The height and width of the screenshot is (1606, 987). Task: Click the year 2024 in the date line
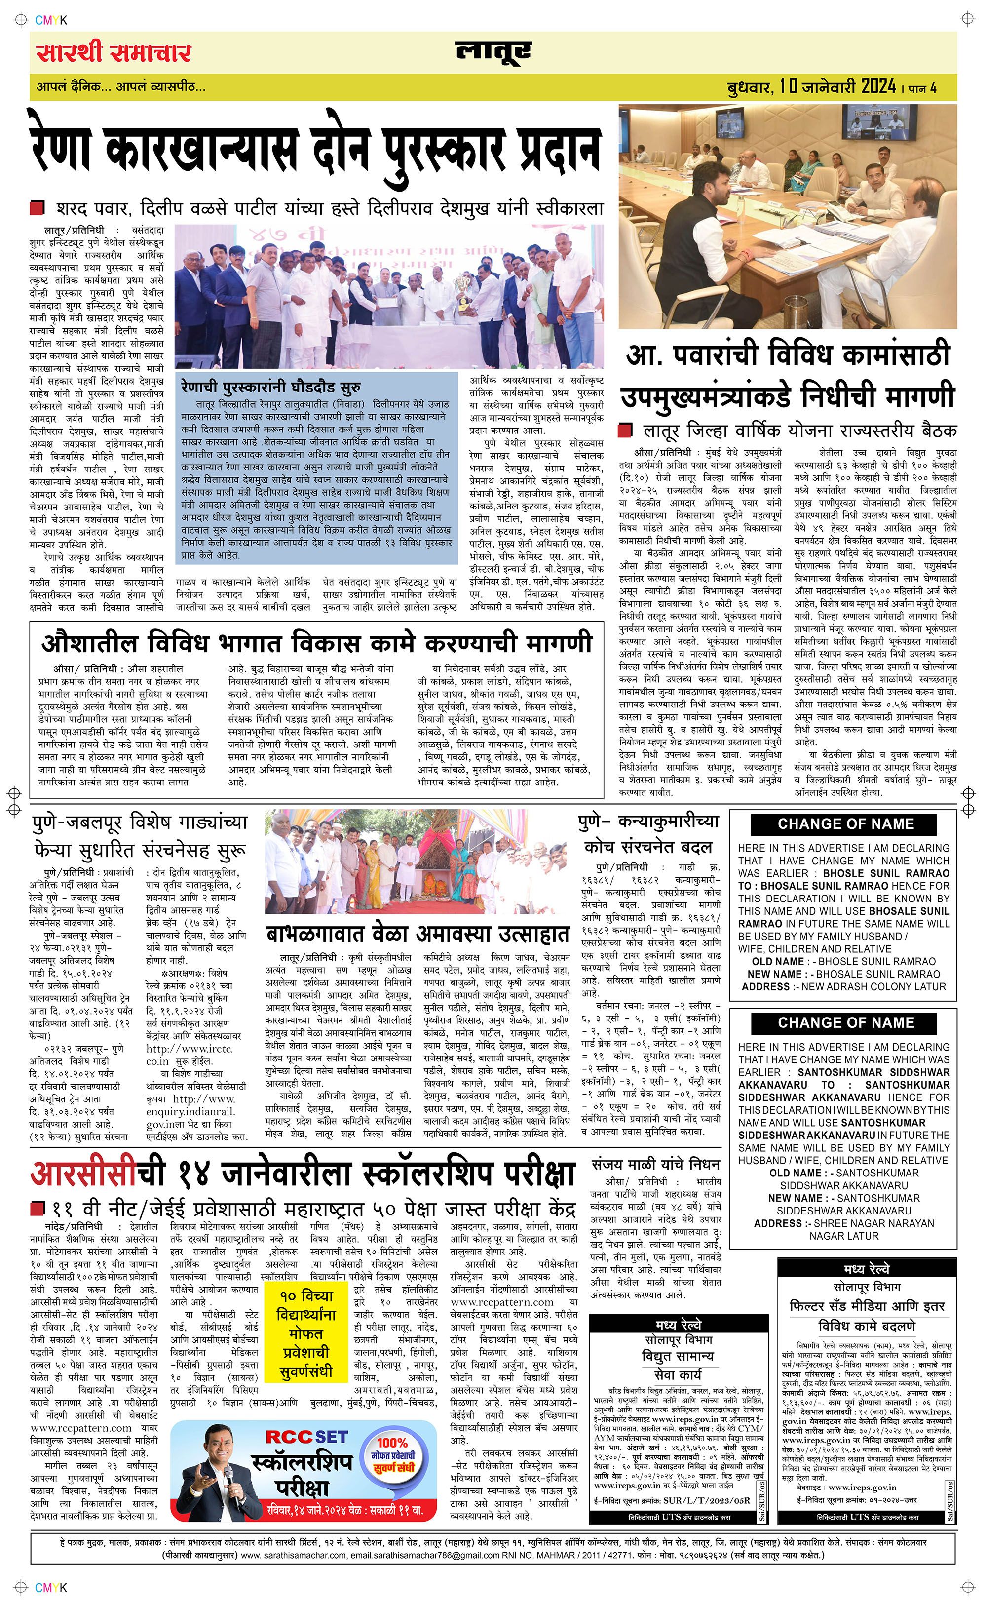[878, 86]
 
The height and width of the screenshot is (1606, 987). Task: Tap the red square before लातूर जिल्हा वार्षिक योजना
[625, 430]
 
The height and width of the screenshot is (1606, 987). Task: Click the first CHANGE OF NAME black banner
[845, 824]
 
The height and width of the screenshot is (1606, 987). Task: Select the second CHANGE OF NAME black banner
[845, 1022]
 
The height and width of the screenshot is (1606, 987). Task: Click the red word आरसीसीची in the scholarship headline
[97, 1175]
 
